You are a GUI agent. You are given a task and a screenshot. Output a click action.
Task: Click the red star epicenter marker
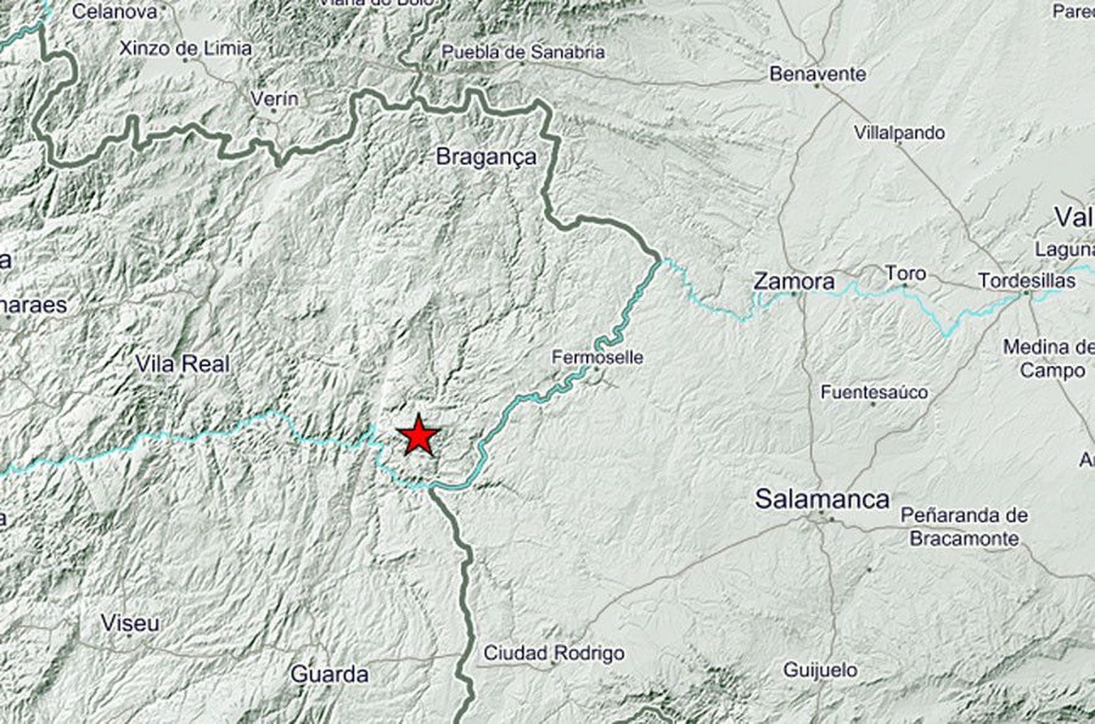point(418,436)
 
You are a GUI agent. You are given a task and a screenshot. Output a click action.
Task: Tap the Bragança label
point(486,157)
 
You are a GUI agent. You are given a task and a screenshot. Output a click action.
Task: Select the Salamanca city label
point(822,499)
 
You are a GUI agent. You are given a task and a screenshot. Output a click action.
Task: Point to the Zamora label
point(794,281)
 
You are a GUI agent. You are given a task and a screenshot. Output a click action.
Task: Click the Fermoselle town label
point(597,357)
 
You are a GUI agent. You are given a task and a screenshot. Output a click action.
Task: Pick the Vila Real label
point(183,364)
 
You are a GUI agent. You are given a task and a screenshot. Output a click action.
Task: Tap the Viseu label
point(130,623)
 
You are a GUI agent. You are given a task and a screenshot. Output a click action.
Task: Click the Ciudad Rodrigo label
point(554,653)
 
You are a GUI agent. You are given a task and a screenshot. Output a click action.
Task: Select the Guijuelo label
point(820,669)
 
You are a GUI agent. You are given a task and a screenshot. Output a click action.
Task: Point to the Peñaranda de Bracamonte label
point(964,526)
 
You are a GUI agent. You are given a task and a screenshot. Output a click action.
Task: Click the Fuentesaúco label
point(874,392)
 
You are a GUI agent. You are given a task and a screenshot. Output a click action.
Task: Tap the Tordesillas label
point(1027,281)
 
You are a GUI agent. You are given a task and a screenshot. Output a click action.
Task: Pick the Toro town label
point(905,273)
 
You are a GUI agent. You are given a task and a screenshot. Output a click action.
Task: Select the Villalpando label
point(899,133)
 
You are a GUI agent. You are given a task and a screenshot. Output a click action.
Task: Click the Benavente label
point(818,73)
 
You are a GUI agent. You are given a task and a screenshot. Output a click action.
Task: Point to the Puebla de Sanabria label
point(523,52)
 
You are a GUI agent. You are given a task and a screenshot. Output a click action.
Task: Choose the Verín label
point(274,99)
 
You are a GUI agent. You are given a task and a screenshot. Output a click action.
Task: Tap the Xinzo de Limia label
point(185,49)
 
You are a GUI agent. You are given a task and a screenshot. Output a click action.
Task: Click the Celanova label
point(114,12)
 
